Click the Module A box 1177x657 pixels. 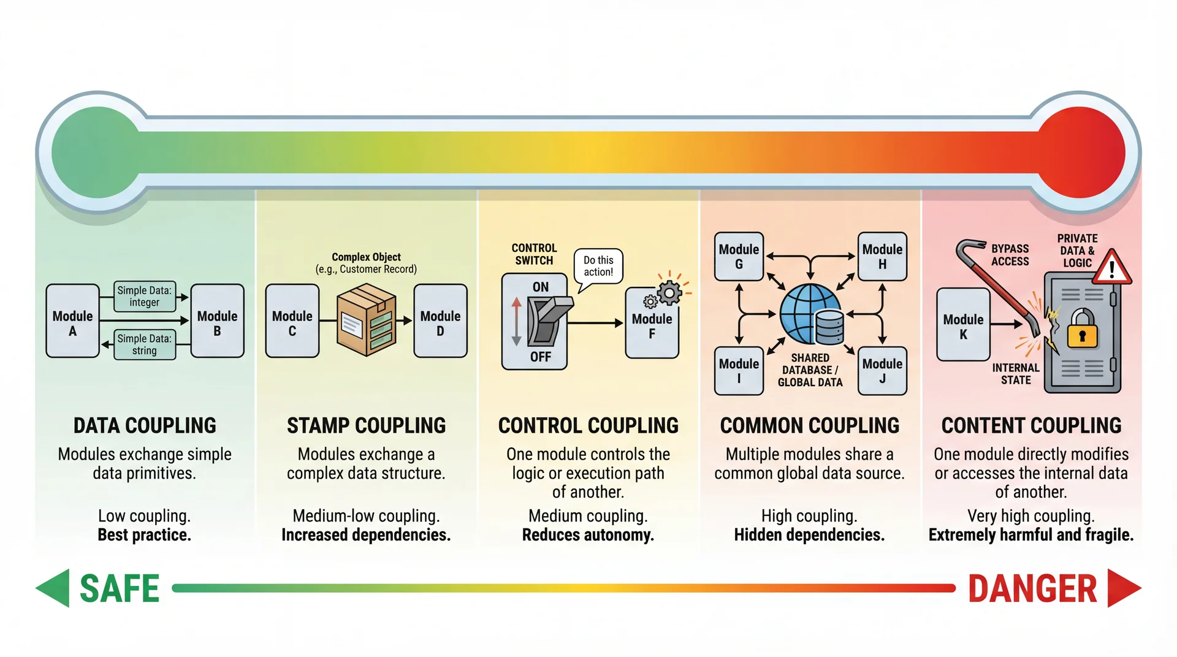(x=72, y=321)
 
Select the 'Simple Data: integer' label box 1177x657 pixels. (x=145, y=297)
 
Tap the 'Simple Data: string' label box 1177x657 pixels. (x=145, y=344)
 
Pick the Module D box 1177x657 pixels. (x=440, y=321)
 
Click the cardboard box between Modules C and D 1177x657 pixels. (x=366, y=319)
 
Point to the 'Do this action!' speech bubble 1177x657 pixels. (x=598, y=266)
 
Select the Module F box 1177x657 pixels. (x=652, y=325)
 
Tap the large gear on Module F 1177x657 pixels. (x=669, y=292)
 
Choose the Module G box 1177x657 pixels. (x=739, y=256)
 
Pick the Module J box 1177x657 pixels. (x=882, y=370)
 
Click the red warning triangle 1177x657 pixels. (x=1111, y=268)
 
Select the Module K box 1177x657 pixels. (x=963, y=325)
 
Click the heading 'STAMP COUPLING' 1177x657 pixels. (x=366, y=425)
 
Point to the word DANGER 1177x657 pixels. (x=1032, y=589)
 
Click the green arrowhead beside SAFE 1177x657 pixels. (x=54, y=588)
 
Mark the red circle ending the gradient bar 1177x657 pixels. (x=1081, y=153)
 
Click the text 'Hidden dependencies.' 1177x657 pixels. (x=809, y=535)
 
